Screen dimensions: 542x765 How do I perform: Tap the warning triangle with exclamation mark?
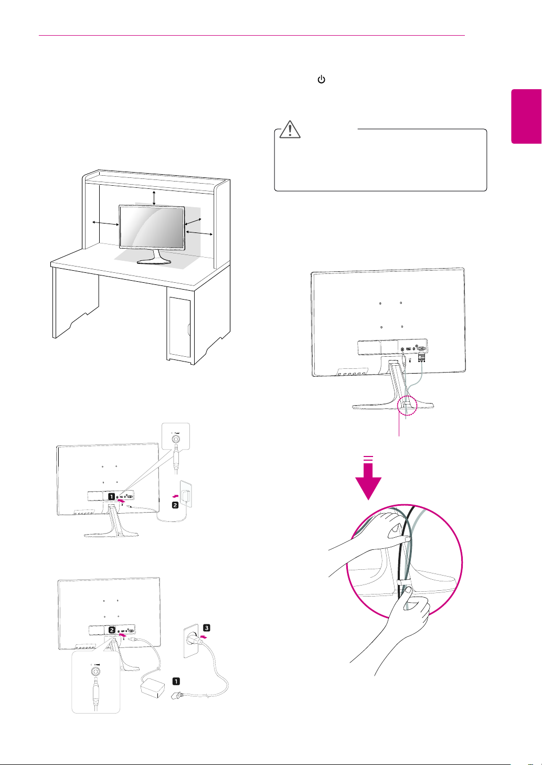[289, 129]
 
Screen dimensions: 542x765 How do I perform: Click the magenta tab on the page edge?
[526, 116]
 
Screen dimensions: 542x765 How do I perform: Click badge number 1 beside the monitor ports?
[112, 496]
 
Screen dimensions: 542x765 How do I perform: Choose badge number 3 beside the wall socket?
[206, 628]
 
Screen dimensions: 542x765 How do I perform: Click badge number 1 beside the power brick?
[176, 681]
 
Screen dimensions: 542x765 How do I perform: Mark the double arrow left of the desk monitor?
[105, 224]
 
